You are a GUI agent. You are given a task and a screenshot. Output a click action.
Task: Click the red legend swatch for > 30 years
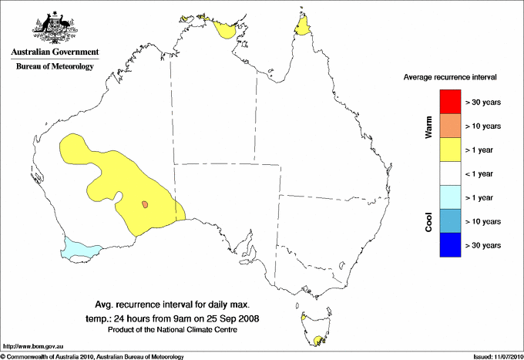pyautogui.click(x=448, y=101)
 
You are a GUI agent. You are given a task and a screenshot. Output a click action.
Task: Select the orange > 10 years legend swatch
pyautogui.click(x=448, y=125)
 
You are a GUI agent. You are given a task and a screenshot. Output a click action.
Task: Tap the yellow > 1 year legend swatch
pyautogui.click(x=448, y=149)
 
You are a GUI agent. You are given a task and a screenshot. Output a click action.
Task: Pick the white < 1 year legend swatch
pyautogui.click(x=448, y=173)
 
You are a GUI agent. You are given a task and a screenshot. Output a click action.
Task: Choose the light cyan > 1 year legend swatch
pyautogui.click(x=448, y=197)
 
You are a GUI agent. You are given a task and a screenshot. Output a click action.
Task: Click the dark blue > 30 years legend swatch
pyautogui.click(x=448, y=244)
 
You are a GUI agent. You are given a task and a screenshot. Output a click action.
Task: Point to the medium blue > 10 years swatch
pyautogui.click(x=448, y=220)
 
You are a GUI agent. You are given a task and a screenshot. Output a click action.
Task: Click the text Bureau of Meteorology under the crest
pyautogui.click(x=55, y=67)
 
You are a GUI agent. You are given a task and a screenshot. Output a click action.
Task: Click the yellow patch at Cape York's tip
pyautogui.click(x=304, y=29)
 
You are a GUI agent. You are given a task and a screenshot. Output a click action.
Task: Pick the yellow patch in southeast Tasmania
pyautogui.click(x=317, y=338)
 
